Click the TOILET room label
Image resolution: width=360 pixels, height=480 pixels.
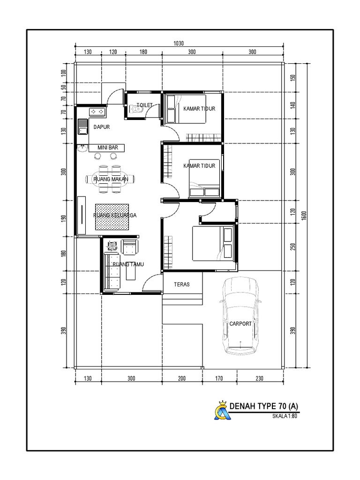tap(144, 105)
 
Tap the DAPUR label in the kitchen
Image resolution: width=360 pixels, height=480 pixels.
tap(102, 127)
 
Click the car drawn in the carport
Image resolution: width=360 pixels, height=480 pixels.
tap(240, 315)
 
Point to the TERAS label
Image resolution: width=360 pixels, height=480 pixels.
tap(182, 285)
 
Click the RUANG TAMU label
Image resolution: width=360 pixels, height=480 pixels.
tap(128, 264)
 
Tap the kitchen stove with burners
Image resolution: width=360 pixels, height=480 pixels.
tap(97, 112)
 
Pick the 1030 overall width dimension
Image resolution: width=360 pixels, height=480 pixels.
tap(179, 44)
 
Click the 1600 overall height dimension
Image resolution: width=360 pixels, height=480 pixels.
tap(304, 216)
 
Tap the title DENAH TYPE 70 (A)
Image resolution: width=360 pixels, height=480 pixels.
tap(263, 406)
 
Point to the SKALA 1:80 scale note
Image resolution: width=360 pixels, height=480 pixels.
tap(285, 416)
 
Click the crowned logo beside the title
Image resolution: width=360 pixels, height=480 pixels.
tap(221, 410)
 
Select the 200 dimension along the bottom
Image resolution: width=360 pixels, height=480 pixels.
tap(182, 378)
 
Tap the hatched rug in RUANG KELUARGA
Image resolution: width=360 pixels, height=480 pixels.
tap(112, 217)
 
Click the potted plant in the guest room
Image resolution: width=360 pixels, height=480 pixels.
tap(112, 246)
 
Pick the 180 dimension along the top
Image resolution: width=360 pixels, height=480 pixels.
tap(143, 52)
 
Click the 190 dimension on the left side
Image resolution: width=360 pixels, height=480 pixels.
tap(64, 218)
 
